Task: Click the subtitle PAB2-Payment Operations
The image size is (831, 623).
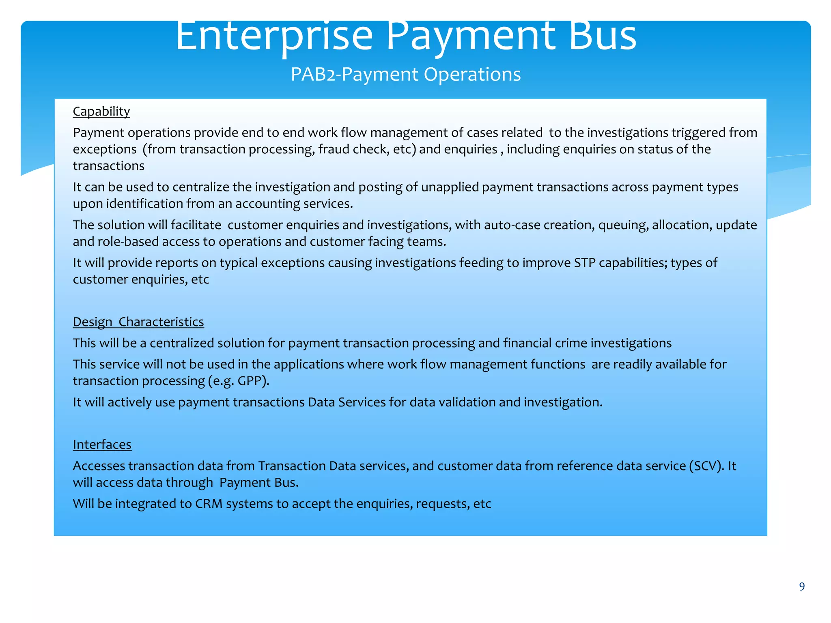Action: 406,75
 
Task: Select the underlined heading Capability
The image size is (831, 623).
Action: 101,112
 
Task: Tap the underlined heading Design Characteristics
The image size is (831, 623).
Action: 138,322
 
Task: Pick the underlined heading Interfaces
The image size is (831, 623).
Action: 102,445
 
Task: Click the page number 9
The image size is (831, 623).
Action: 802,586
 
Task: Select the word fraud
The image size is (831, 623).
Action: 334,150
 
